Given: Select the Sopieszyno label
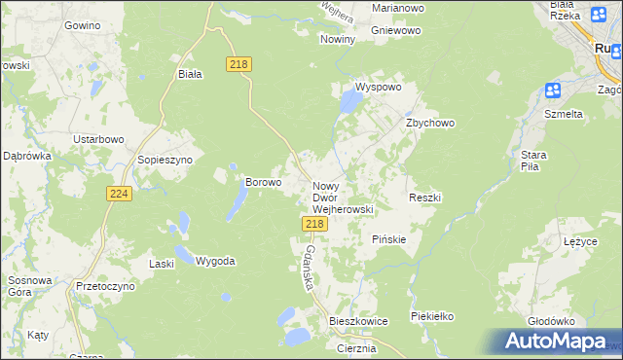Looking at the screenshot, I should (165, 159).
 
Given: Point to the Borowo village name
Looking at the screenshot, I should (263, 181).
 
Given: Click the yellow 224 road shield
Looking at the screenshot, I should (119, 195).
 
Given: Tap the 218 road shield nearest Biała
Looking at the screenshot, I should (239, 64).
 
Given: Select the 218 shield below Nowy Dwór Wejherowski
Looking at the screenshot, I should (313, 224).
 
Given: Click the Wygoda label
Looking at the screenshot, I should (215, 261).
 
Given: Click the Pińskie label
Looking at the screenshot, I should (388, 238).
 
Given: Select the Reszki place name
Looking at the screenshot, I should (425, 198).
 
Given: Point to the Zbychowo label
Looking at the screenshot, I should (430, 124).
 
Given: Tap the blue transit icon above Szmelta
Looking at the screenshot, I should (552, 91).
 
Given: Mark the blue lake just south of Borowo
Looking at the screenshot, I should (237, 201).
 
